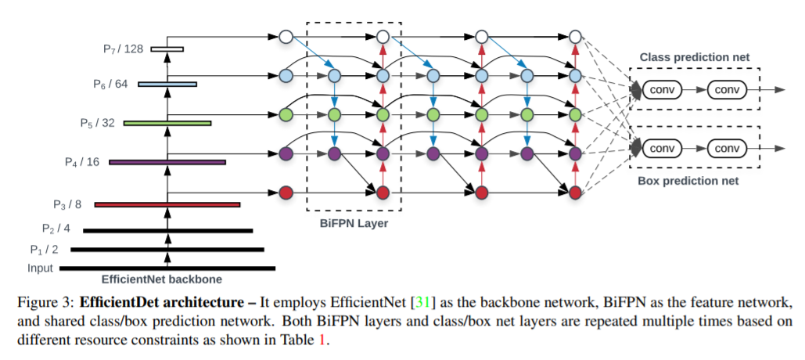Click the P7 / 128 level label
click(x=124, y=49)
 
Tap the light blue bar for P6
click(x=167, y=85)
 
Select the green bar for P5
click(x=167, y=123)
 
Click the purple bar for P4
click(x=167, y=162)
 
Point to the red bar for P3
click(x=167, y=205)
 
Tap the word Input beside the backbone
click(x=40, y=268)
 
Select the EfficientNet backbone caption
click(x=162, y=280)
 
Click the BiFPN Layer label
click(x=354, y=223)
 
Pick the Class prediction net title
click(x=694, y=57)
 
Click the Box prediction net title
click(x=688, y=181)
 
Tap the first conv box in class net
click(x=662, y=90)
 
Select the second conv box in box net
click(x=727, y=149)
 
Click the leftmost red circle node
click(x=286, y=193)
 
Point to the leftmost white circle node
click(x=286, y=37)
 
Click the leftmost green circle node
click(x=286, y=114)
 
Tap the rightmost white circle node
click(x=576, y=37)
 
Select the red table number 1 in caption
click(x=322, y=340)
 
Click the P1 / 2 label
click(x=44, y=250)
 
